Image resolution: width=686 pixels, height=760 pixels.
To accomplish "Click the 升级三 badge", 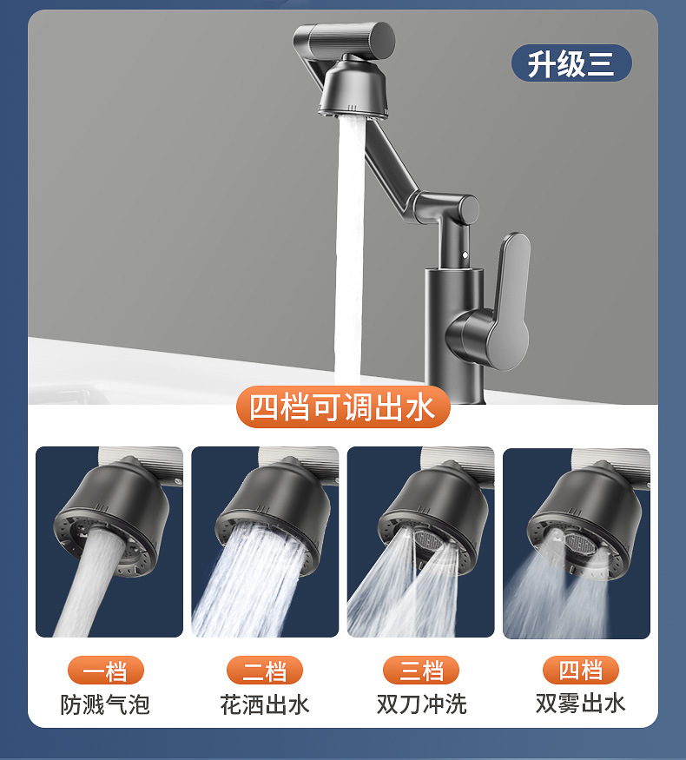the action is (x=571, y=63).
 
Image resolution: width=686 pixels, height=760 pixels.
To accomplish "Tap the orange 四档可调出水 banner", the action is (x=343, y=407).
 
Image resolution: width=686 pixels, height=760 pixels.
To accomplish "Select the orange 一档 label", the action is (x=106, y=671).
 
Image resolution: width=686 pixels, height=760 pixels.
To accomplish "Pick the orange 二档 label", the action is (x=265, y=671).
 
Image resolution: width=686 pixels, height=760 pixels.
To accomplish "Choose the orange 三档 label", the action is (x=421, y=671).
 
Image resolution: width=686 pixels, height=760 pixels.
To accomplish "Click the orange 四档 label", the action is (x=580, y=671).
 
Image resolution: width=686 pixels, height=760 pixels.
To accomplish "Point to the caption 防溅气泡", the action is (x=105, y=704).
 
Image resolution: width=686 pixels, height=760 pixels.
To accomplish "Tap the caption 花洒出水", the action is (x=265, y=704).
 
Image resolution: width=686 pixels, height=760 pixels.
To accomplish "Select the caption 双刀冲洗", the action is (x=421, y=704).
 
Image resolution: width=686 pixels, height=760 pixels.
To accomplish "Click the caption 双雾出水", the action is (x=580, y=704).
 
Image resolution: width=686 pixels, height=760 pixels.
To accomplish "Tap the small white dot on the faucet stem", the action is (x=465, y=254).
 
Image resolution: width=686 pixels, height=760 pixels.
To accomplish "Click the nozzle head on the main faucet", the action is (x=353, y=89).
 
